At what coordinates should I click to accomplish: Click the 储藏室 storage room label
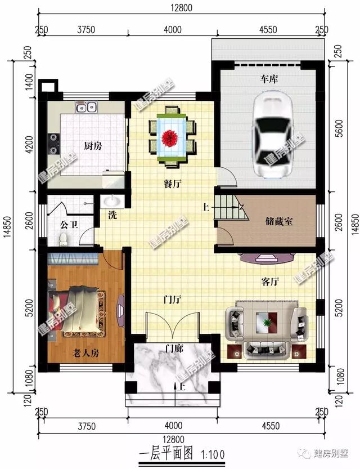[279, 222]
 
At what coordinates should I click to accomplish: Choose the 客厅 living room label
[271, 280]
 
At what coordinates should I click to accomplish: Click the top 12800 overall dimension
[180, 7]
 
